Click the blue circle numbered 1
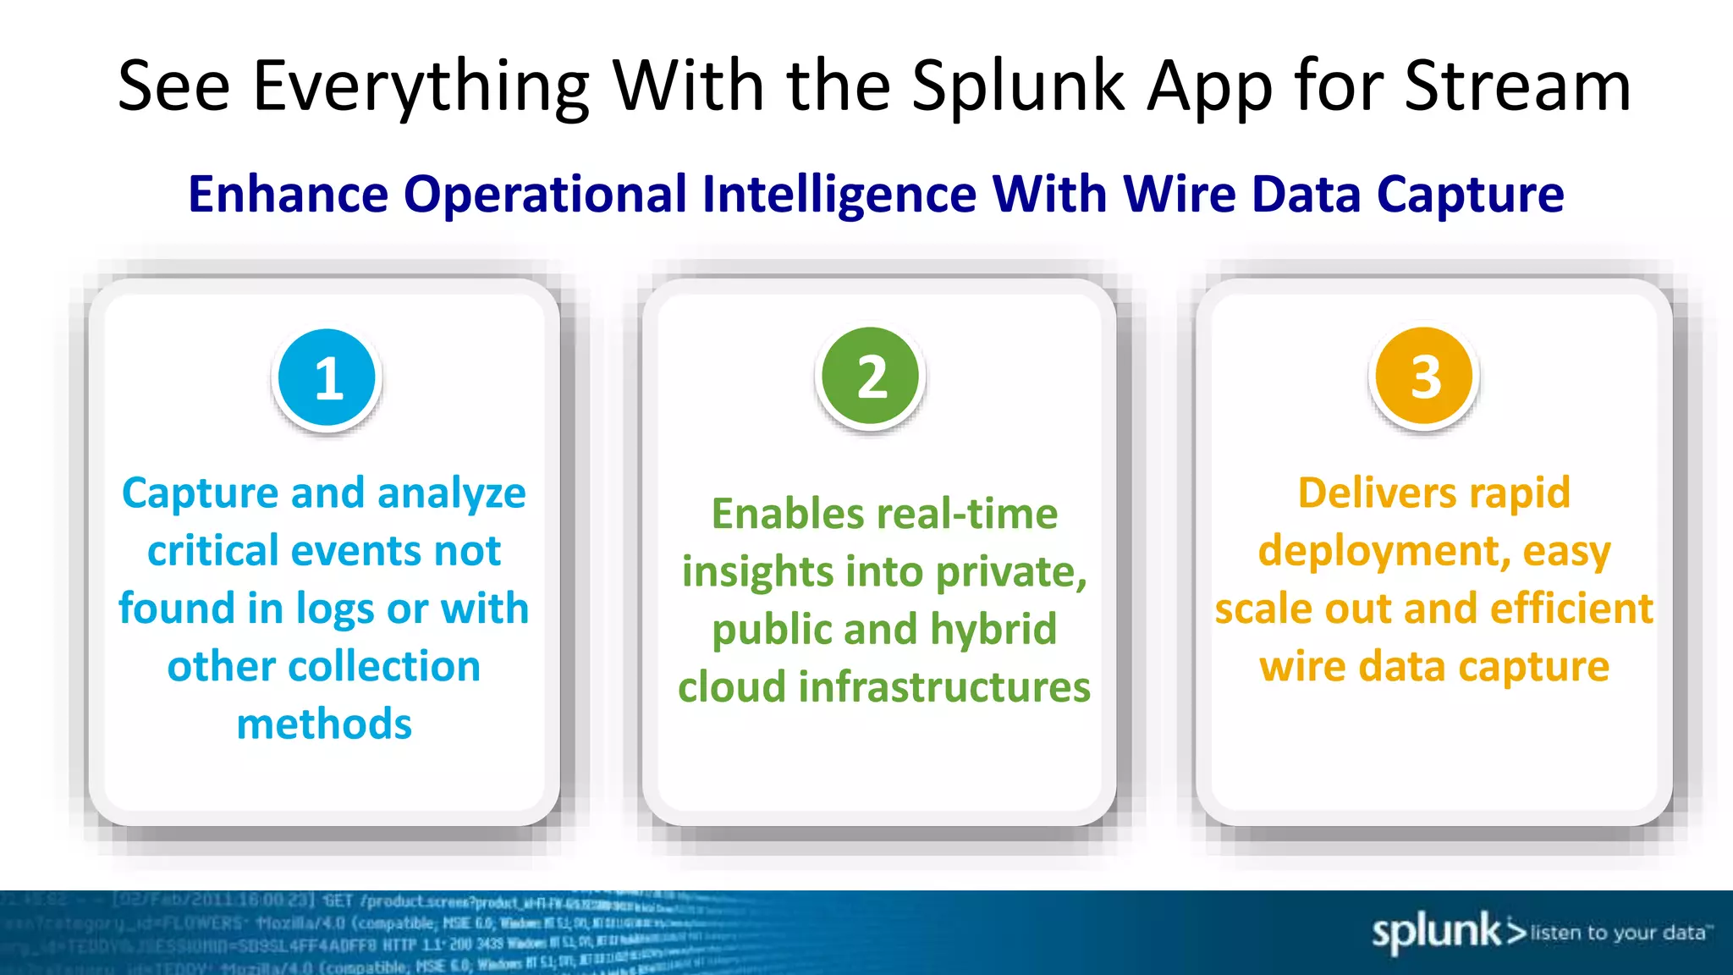click(327, 377)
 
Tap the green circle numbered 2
click(871, 376)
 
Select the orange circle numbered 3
click(1425, 376)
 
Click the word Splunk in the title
click(1019, 86)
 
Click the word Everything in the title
click(421, 88)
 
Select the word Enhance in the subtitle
click(289, 194)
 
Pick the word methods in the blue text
click(324, 724)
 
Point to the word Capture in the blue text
click(201, 493)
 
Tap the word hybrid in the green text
click(993, 630)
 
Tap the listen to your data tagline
click(1618, 933)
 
